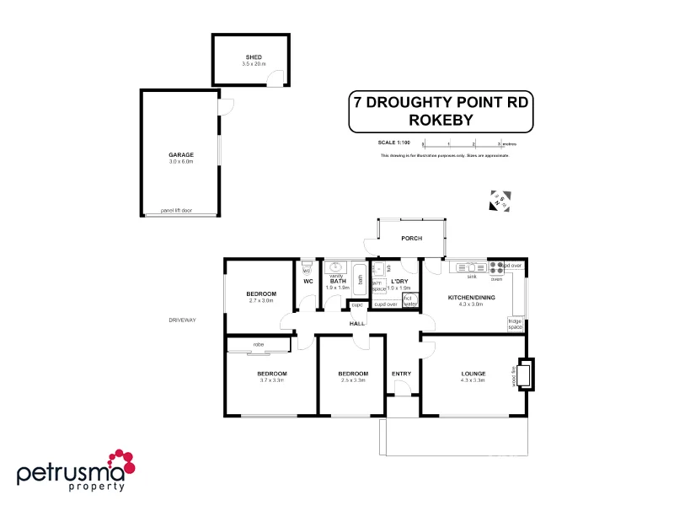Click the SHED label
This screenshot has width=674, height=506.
(x=254, y=57)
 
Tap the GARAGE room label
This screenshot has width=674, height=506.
(x=181, y=154)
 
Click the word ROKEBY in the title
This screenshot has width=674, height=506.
(x=441, y=121)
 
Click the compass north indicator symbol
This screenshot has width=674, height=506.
(x=500, y=200)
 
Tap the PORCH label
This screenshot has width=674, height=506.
(x=411, y=239)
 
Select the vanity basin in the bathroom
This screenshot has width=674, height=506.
(x=335, y=266)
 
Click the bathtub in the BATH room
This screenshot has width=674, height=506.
(x=360, y=277)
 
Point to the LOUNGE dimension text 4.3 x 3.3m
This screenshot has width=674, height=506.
(x=473, y=381)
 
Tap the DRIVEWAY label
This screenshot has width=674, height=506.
(x=182, y=320)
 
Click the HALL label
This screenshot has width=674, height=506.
(x=357, y=323)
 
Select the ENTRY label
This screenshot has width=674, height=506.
(x=401, y=374)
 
